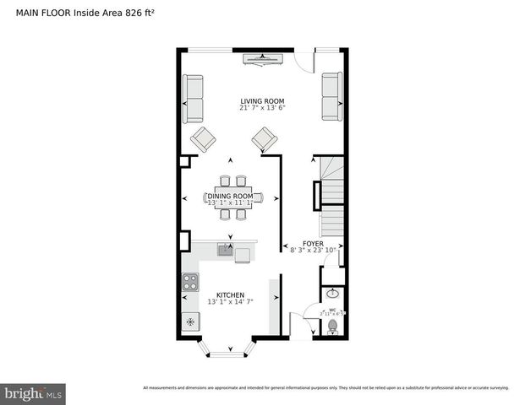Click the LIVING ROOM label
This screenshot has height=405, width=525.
262,100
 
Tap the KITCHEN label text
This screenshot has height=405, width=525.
231,295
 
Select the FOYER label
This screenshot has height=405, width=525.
314,243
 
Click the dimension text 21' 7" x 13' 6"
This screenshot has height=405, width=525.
262,108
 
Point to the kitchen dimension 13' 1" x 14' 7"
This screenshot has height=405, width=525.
231,302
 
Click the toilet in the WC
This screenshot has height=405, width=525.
332,325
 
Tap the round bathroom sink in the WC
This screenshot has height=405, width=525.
332,294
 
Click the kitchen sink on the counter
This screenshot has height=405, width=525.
226,249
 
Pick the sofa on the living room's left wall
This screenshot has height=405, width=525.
194,99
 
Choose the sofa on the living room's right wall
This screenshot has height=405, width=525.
331,97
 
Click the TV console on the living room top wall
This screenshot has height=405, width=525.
263,58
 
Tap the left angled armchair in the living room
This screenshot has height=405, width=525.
203,138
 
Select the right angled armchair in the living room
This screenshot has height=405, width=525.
265,138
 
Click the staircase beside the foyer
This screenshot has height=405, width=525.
331,202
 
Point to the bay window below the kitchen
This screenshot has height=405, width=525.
227,348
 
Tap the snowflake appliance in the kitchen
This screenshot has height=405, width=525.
190,321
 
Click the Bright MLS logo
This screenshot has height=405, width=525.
34,393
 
